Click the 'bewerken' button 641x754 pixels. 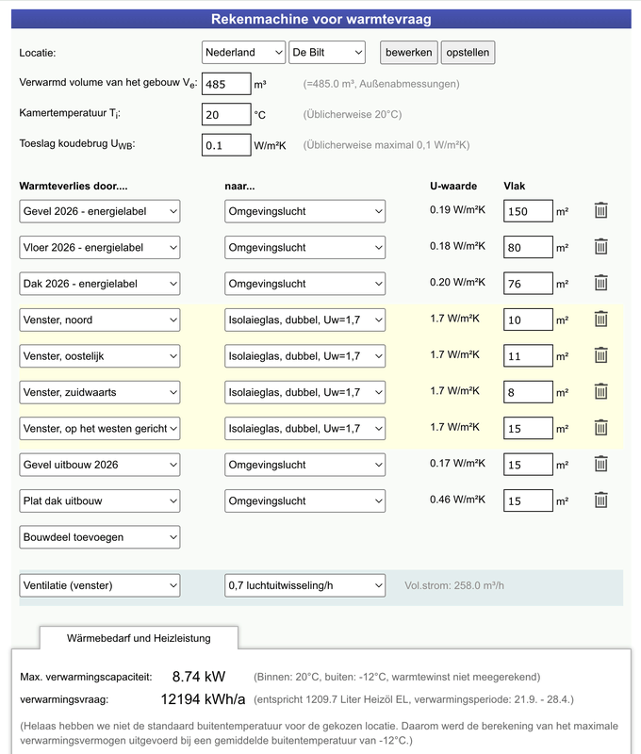pos(408,53)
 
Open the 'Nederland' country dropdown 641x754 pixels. pos(243,53)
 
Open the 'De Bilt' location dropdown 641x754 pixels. pos(326,53)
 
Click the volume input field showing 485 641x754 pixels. pos(225,84)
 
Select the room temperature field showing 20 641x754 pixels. pos(225,114)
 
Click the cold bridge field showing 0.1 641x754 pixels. pos(225,145)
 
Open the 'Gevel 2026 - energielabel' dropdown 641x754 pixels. pos(99,212)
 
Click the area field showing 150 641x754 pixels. pos(527,212)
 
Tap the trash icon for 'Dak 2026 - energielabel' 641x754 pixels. pos(600,283)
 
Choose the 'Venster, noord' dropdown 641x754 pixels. pos(99,320)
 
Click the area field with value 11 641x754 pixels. pos(527,356)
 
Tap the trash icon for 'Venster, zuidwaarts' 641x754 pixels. pos(600,392)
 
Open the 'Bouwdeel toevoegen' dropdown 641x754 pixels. pos(99,537)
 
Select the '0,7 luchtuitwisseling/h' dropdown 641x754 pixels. pos(304,586)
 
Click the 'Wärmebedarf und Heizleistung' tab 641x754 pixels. pos(139,638)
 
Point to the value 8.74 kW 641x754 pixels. pos(199,677)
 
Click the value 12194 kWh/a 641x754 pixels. pos(203,699)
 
